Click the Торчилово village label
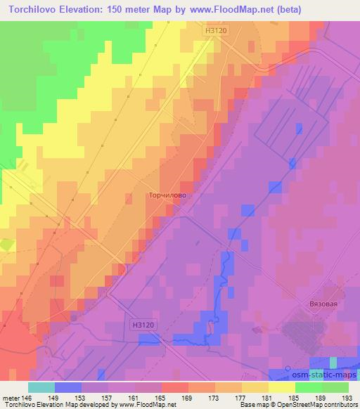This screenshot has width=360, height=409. [167, 197]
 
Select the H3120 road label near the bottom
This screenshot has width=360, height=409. [143, 325]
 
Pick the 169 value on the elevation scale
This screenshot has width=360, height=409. [188, 396]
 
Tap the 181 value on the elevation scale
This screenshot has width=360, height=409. [268, 396]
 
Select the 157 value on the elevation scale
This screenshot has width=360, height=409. [108, 396]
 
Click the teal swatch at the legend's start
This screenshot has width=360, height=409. [41, 387]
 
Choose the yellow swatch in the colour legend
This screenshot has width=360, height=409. [282, 387]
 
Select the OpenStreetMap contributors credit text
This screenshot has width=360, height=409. [311, 405]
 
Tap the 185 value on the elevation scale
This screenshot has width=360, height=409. [295, 396]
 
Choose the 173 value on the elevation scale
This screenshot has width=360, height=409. [215, 396]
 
